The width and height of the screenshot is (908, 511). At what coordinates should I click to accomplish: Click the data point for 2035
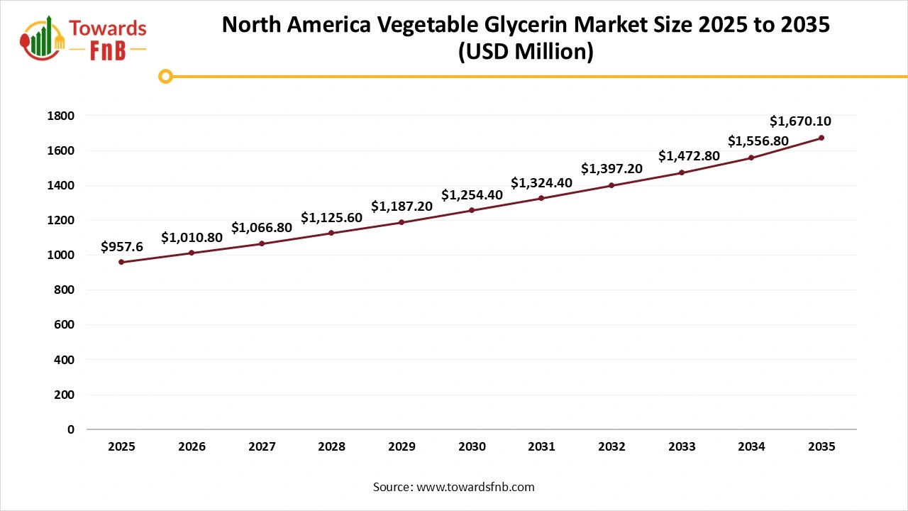[x=821, y=138]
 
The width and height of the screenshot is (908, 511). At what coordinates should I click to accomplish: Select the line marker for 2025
[x=121, y=262]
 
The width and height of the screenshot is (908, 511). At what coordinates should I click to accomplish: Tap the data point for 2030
[x=472, y=210]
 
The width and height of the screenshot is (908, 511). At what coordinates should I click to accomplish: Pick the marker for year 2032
[x=611, y=185]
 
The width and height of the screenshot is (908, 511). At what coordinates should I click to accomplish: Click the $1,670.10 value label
[x=800, y=121]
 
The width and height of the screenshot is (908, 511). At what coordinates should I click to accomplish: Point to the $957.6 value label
[x=122, y=246]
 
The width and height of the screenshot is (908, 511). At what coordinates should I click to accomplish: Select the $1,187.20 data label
[x=402, y=207]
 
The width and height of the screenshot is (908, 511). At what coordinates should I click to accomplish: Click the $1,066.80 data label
[x=262, y=228]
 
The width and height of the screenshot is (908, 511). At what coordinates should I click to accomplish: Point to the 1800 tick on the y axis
[x=60, y=116]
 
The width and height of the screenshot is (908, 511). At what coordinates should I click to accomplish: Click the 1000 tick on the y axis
[x=60, y=255]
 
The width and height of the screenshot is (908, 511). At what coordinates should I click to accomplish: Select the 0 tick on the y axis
[x=70, y=429]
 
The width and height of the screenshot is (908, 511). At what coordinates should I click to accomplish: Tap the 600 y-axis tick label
[x=64, y=325]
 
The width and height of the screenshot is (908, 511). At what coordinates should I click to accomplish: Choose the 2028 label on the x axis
[x=331, y=447]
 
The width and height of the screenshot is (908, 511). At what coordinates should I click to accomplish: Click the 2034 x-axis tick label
[x=751, y=447]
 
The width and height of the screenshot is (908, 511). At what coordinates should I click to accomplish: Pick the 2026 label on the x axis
[x=192, y=447]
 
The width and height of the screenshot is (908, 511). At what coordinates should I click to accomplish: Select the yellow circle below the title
[x=165, y=76]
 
